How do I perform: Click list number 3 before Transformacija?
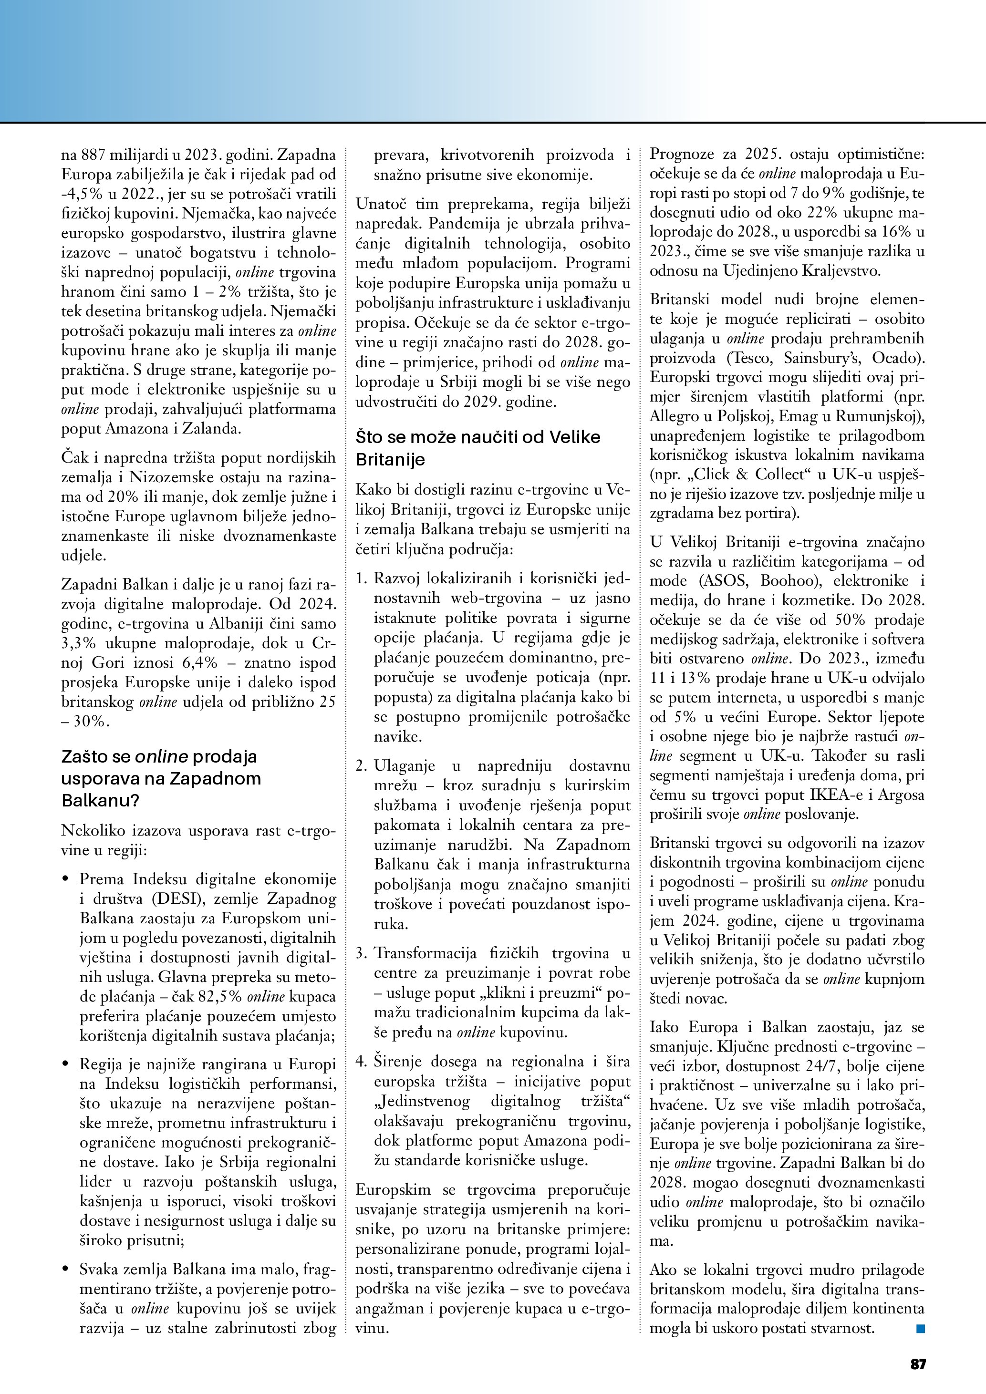point(362,953)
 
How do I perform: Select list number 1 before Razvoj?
point(362,578)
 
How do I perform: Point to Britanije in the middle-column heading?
point(390,460)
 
